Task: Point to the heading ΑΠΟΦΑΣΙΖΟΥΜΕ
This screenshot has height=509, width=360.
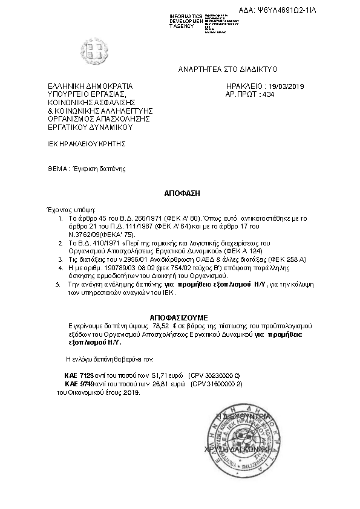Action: (178, 317)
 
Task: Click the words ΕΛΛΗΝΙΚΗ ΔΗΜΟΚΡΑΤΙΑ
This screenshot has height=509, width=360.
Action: (90, 86)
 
